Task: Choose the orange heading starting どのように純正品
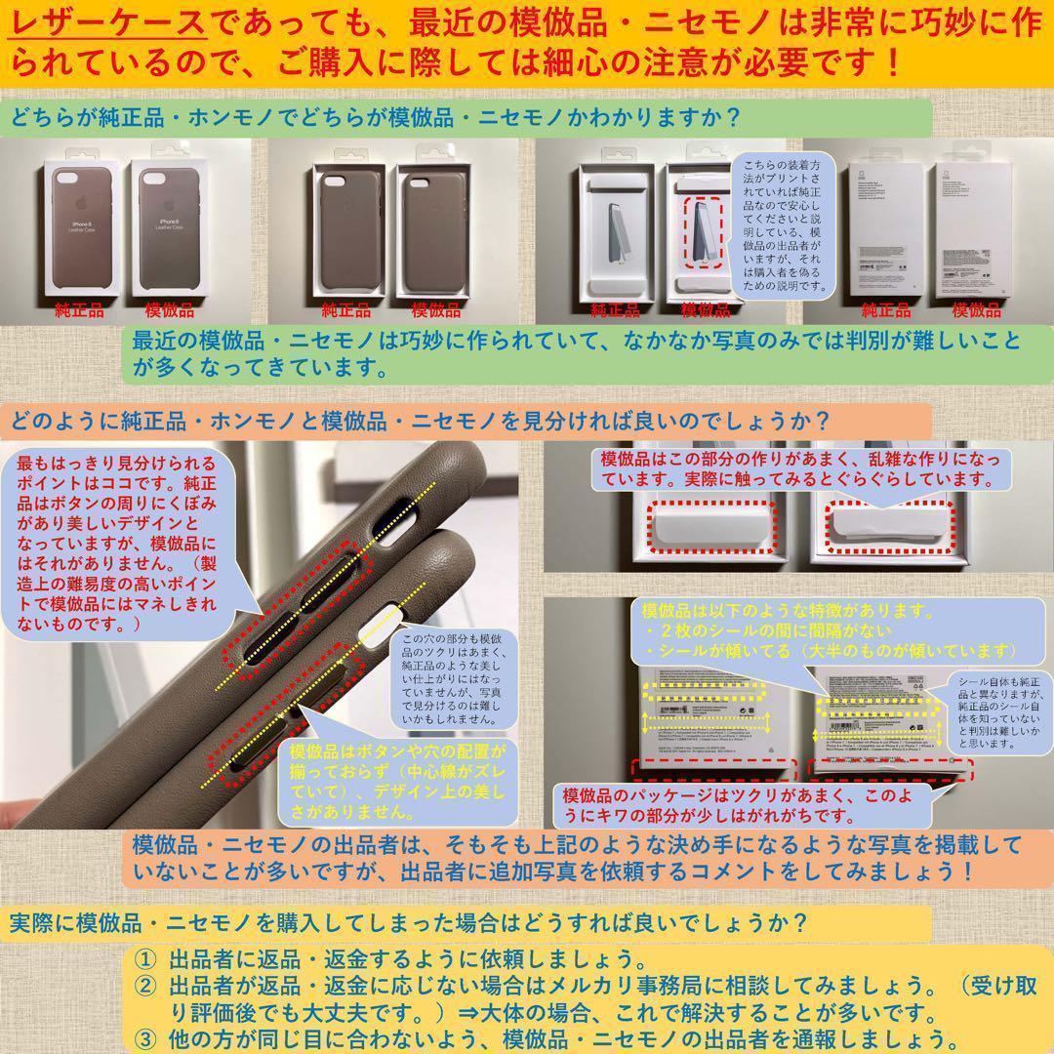coord(420,423)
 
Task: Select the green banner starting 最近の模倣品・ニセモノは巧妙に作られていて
coord(576,353)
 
